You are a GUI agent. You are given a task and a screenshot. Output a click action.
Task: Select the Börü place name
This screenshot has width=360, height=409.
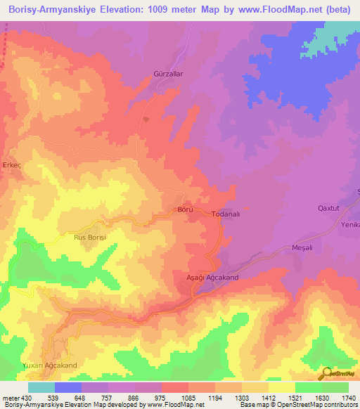click(x=185, y=210)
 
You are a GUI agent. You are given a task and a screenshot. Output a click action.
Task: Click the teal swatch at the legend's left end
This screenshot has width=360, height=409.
click(x=41, y=387)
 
